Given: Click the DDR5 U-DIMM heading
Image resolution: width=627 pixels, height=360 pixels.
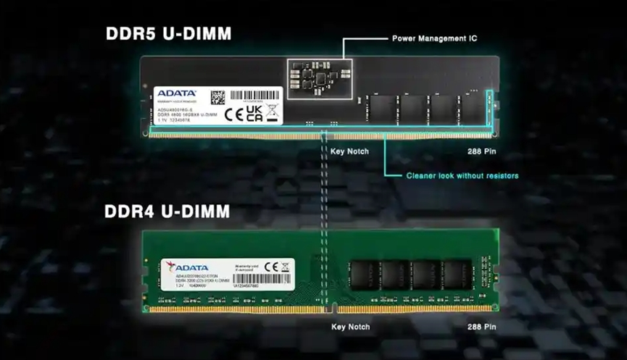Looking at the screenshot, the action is [x=168, y=33].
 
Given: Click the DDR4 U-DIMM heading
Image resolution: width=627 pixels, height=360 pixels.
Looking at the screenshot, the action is [x=167, y=212].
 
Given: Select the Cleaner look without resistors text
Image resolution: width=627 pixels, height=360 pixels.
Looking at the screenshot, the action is [x=462, y=175].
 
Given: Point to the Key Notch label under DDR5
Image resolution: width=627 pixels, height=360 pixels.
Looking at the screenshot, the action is [x=349, y=151].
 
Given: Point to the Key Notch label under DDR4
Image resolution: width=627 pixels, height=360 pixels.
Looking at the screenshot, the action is [x=350, y=327].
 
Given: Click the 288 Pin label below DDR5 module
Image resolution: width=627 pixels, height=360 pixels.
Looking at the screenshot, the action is [x=481, y=151].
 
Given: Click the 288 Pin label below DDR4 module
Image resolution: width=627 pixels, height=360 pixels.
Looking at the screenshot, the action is [x=481, y=327].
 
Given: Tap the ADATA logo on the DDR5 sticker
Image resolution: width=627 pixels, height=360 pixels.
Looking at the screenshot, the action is [x=177, y=93].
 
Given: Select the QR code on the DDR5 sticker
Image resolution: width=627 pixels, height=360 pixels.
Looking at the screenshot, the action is [x=217, y=97].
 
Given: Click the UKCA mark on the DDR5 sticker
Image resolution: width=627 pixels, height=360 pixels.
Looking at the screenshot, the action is [x=254, y=112].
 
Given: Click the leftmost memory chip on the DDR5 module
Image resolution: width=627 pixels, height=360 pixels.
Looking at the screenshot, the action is [x=382, y=109].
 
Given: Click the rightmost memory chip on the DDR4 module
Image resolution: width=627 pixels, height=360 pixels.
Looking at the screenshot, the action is [x=457, y=276].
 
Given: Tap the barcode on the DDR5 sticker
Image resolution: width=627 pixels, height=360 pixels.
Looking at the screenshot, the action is [x=254, y=96].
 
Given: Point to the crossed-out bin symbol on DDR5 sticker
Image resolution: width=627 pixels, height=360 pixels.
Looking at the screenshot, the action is [x=273, y=111].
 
